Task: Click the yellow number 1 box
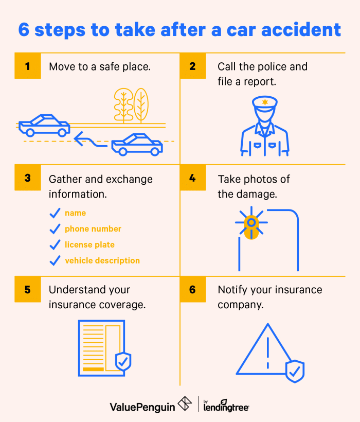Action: (27, 66)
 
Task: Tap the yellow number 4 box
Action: (193, 178)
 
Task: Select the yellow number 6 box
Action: (193, 290)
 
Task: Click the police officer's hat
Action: (264, 103)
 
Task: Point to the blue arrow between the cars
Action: (91, 138)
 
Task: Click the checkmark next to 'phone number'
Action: (55, 229)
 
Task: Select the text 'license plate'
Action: (89, 245)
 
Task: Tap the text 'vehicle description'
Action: (102, 261)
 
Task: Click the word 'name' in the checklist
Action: (75, 213)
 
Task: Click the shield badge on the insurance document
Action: (123, 361)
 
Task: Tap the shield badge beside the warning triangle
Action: (295, 371)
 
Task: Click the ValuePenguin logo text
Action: (142, 407)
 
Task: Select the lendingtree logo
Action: (226, 407)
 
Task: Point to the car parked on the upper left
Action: (44, 125)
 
